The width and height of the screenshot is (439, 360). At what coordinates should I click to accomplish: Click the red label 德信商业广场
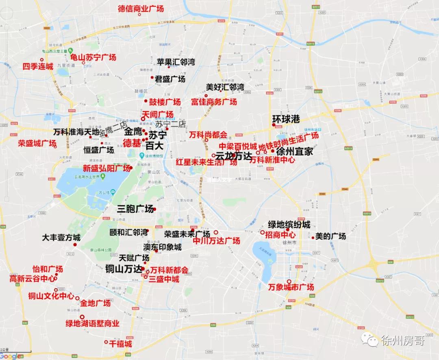(x=140, y=8)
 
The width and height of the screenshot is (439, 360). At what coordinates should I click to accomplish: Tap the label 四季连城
(x=37, y=66)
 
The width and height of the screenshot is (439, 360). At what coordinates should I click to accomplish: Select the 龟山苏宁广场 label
(x=93, y=57)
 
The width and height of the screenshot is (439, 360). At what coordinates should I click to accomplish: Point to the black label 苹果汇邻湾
(x=176, y=62)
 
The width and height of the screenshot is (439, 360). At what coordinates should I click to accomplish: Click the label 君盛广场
(x=170, y=79)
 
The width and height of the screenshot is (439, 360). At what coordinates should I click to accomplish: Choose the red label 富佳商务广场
(x=214, y=102)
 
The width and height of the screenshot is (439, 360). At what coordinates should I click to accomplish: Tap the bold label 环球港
(x=286, y=119)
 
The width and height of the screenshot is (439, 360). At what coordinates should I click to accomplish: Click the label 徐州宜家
(x=295, y=152)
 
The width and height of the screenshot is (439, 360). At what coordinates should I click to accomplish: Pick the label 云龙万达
(x=233, y=155)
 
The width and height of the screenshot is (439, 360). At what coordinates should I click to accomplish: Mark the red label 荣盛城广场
(x=37, y=143)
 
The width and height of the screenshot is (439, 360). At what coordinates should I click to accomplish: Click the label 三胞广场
(x=135, y=209)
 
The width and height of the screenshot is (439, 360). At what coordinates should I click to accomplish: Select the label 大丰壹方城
(x=61, y=238)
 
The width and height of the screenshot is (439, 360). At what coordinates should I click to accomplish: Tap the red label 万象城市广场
(x=291, y=287)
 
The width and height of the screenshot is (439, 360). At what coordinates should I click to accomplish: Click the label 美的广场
(x=330, y=236)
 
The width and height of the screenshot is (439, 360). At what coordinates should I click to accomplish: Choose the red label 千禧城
(x=120, y=344)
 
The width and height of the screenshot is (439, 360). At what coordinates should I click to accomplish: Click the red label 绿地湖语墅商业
(x=93, y=324)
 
